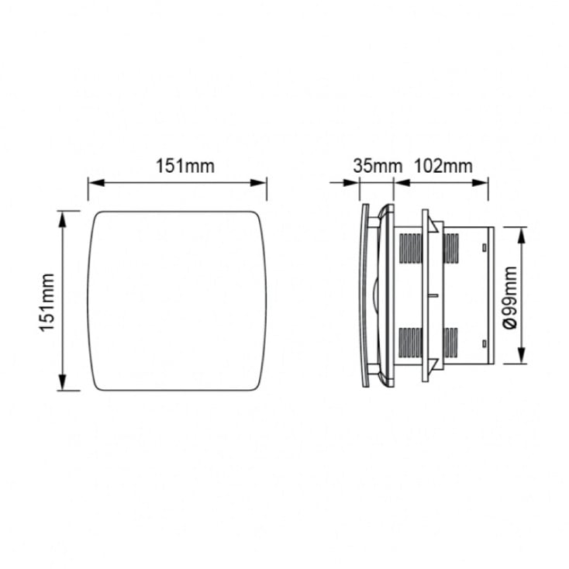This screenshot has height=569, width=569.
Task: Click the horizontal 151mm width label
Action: click(178, 166)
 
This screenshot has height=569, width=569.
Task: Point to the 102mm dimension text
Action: click(443, 166)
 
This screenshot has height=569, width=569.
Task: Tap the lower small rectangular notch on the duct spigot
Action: click(484, 343)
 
